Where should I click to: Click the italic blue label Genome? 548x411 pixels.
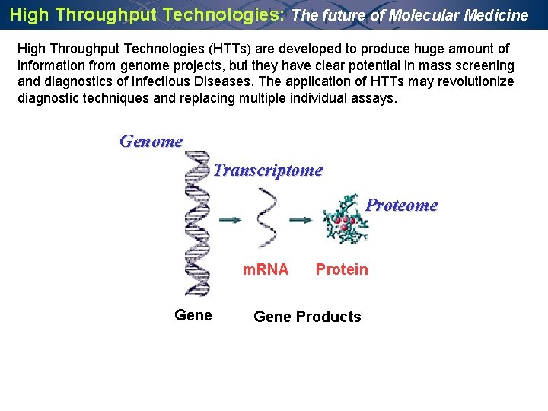pos(151,142)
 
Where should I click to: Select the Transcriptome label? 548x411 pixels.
pos(268,170)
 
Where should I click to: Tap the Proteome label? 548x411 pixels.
pos(401,205)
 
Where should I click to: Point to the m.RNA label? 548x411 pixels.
pos(265,269)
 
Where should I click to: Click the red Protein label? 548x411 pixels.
pos(342,269)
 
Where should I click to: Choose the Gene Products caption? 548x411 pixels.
pos(307,317)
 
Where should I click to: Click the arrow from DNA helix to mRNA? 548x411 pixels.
pos(231,220)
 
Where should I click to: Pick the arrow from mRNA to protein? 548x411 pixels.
pos(301,220)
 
